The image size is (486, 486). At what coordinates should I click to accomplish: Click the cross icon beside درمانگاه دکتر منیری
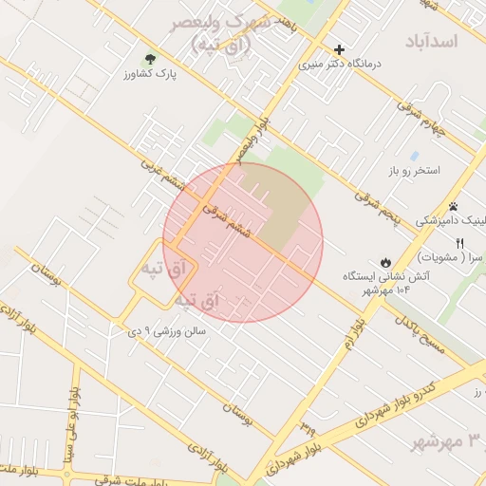click(340, 49)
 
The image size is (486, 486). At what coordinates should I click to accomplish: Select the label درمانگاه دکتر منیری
click(339, 64)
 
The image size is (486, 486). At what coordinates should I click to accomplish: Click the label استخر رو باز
click(415, 170)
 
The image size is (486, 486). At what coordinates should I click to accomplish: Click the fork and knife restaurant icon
click(460, 243)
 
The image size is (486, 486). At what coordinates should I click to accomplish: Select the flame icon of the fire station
click(384, 261)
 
